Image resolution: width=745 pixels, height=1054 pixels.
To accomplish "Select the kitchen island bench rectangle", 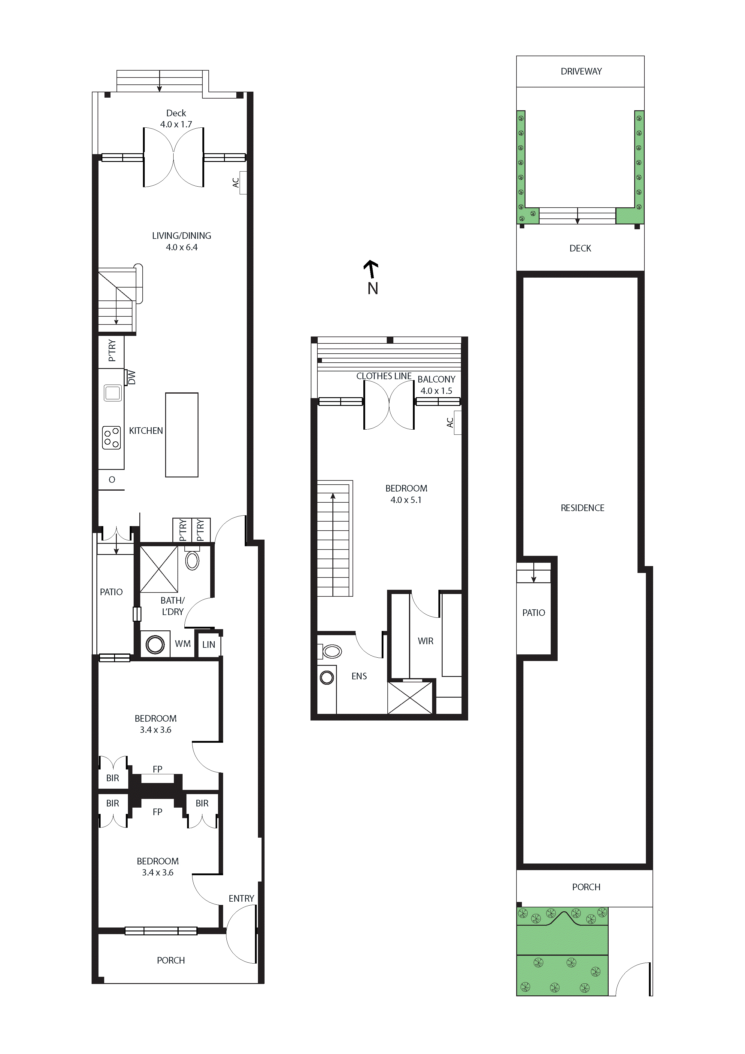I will coord(182,435).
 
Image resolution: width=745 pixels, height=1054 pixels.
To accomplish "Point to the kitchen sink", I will coord(112,393).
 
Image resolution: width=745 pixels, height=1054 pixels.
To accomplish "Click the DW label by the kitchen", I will coord(132,377).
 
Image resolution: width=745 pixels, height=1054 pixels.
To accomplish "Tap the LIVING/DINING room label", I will coord(182,236).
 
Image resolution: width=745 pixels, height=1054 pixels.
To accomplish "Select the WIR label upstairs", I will coord(425,641).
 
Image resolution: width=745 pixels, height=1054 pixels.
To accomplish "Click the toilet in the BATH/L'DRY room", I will coord(192,561).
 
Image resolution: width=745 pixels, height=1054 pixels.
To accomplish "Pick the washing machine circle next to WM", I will coord(155,644).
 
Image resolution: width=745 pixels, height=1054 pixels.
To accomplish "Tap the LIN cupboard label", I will coord(209,644).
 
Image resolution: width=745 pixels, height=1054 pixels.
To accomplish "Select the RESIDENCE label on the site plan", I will coord(582,508).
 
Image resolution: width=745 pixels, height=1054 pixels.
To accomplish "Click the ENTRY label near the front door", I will coord(241,898).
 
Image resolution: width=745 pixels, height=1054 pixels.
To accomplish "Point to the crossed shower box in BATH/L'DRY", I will coord(159,569).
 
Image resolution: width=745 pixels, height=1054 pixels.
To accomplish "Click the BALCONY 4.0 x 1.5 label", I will coord(436,385).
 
